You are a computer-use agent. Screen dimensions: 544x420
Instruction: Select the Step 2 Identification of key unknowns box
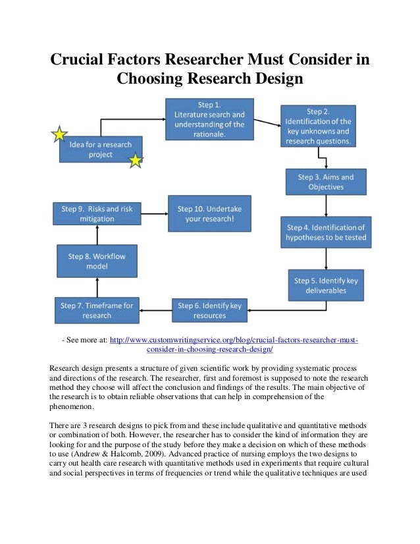318,126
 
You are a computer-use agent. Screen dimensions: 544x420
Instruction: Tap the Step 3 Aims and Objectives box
325,182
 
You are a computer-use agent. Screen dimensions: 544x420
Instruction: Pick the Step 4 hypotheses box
325,232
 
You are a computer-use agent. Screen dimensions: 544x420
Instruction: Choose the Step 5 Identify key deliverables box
326,285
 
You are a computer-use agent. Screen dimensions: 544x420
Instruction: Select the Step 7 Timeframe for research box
97,310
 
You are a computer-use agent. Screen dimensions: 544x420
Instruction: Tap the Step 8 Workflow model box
97,260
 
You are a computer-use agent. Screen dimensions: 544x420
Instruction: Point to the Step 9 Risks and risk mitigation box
97,213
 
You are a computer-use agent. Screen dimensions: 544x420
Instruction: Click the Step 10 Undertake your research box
209,213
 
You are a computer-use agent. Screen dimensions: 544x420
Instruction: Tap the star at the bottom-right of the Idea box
135,160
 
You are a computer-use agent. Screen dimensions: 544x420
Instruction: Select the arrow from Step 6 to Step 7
155,307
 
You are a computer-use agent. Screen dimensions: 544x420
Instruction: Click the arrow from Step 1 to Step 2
266,123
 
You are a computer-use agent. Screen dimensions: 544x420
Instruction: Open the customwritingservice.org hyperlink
234,340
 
